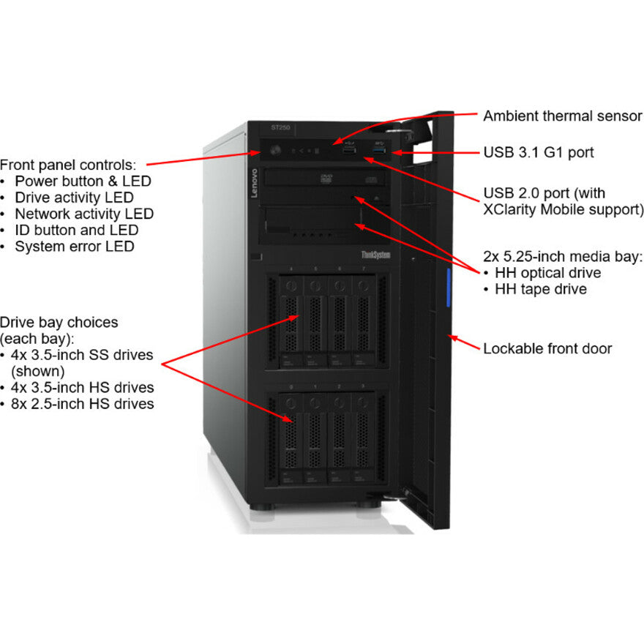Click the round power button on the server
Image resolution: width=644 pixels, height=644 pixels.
pyautogui.click(x=276, y=151)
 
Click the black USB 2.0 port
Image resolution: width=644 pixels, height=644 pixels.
pyautogui.click(x=349, y=151)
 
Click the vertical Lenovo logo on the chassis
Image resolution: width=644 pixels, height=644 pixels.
pyautogui.click(x=255, y=182)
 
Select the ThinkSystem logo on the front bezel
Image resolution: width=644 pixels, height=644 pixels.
pyautogui.click(x=376, y=254)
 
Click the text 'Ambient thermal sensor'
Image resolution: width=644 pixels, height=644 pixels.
pyautogui.click(x=562, y=116)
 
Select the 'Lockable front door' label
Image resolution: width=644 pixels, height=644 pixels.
pyautogui.click(x=547, y=348)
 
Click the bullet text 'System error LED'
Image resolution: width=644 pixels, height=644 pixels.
pyautogui.click(x=74, y=247)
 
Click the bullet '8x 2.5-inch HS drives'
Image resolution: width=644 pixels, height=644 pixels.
pyautogui.click(x=83, y=404)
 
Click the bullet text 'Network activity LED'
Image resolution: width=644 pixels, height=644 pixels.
pyautogui.click(x=84, y=214)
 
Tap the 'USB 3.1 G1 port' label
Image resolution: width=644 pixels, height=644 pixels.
pyautogui.click(x=538, y=153)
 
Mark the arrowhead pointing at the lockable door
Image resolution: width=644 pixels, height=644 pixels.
pyautogui.click(x=452, y=337)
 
